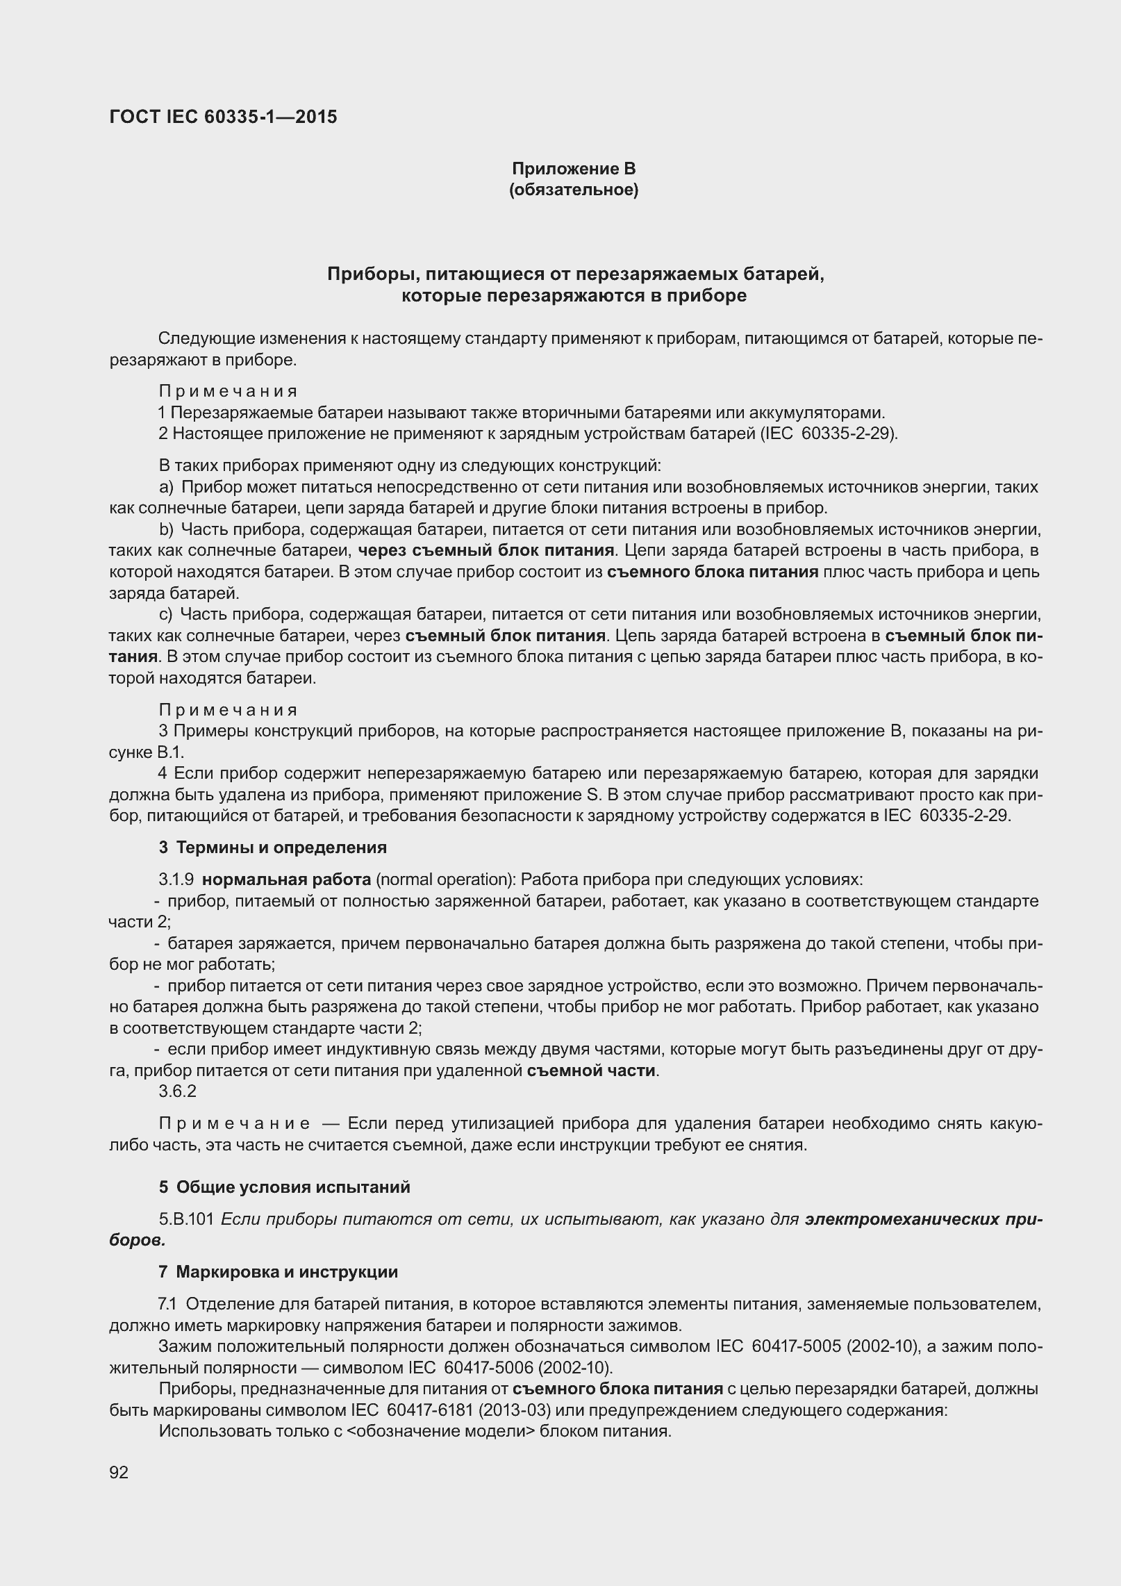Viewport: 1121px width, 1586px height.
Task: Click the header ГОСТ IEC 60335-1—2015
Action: (x=223, y=117)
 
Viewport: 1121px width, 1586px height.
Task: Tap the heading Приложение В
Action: (x=574, y=169)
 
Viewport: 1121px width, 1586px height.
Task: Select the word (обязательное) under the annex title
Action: (x=574, y=190)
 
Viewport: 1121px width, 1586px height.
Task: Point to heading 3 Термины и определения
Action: (x=272, y=848)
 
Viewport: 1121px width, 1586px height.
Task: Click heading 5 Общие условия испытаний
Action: (x=284, y=1187)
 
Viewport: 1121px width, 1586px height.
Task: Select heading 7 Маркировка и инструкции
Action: (x=278, y=1272)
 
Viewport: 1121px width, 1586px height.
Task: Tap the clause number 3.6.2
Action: (x=177, y=1091)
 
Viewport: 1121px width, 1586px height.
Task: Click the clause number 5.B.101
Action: (x=186, y=1219)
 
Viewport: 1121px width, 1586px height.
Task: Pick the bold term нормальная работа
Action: (x=286, y=879)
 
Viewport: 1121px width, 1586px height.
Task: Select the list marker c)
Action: (x=165, y=614)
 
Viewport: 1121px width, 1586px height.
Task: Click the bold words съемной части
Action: (x=591, y=1071)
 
